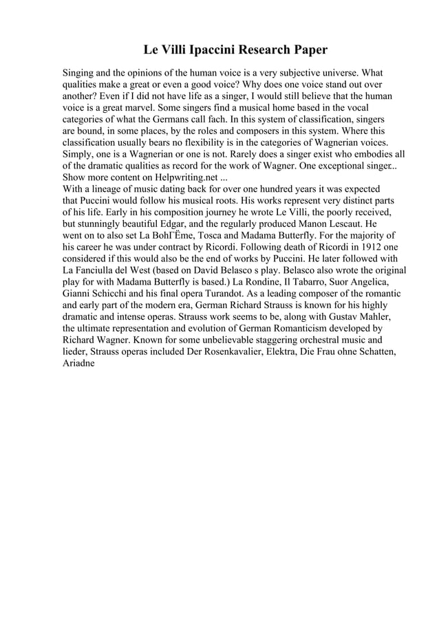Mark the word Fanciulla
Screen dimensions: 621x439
98,271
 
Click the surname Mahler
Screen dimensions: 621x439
374,318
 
